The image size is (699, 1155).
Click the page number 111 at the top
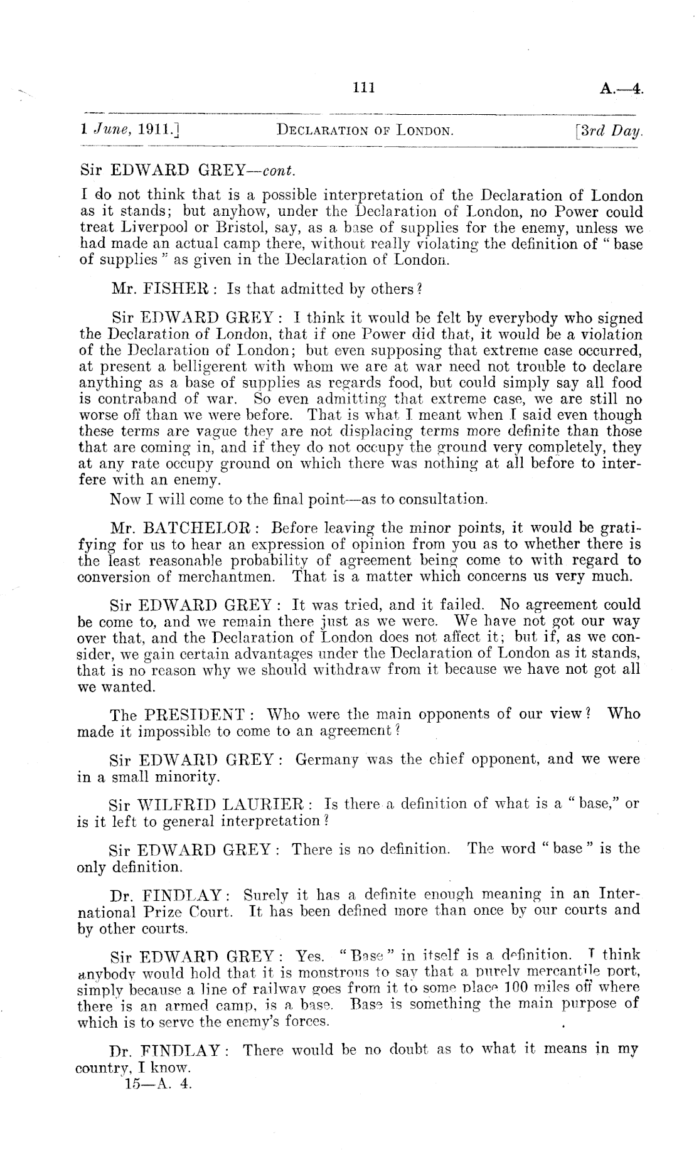pyautogui.click(x=364, y=88)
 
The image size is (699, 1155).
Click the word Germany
pyautogui.click(x=326, y=759)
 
